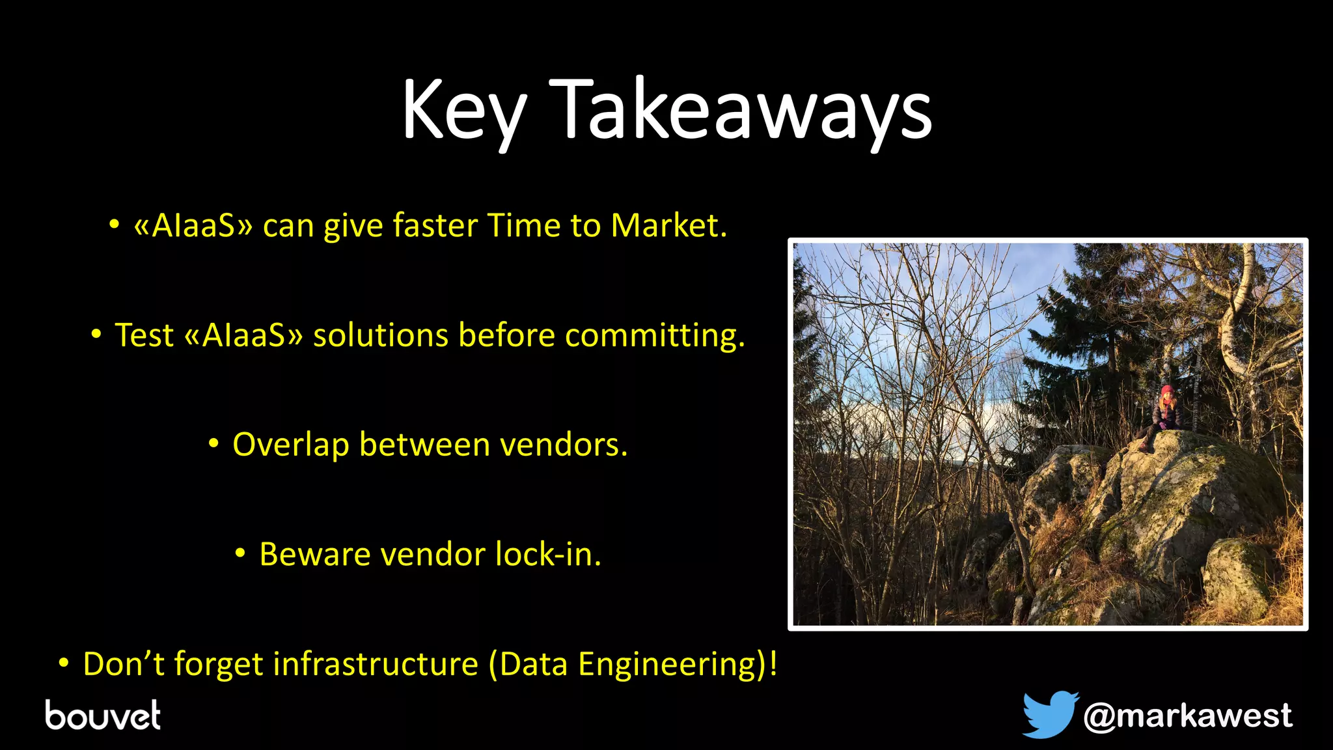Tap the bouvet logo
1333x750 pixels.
point(103,715)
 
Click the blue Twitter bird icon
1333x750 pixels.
point(1049,715)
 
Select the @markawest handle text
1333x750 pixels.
point(1188,716)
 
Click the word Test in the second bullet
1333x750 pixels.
point(144,336)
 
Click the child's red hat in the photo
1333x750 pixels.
point(1167,391)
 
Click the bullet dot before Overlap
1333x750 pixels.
point(213,445)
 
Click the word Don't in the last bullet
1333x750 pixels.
point(124,665)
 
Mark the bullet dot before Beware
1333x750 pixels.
point(240,554)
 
